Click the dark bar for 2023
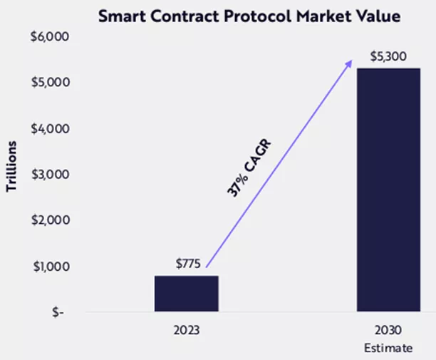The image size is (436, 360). point(187,293)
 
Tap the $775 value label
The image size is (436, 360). point(189,264)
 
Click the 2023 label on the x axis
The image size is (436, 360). point(187,331)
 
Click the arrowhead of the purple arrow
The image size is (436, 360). point(349,63)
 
